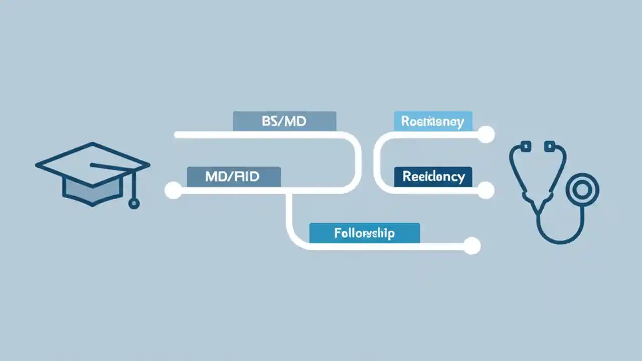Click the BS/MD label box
pos(284,121)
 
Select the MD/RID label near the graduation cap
pos(234,176)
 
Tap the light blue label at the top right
pos(433,121)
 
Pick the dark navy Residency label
pos(433,176)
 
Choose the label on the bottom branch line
pos(364,233)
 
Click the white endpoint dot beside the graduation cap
pos(173,191)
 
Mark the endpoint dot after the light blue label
pos(486,134)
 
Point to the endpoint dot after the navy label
pos(486,191)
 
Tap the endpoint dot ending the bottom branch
pos(472,246)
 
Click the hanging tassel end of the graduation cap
pos(133,203)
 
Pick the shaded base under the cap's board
pos(93,191)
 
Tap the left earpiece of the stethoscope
pos(526,146)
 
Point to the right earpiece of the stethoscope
pos(550,146)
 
